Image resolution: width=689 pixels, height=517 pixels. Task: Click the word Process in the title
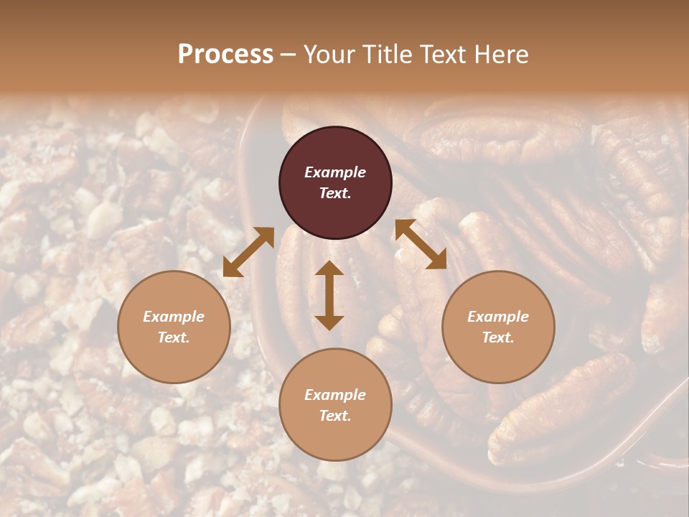(x=225, y=55)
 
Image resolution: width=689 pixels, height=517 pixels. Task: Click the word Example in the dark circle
(x=335, y=172)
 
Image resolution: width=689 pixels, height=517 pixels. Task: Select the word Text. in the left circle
(x=174, y=337)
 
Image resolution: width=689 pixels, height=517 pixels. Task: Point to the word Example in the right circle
(x=498, y=317)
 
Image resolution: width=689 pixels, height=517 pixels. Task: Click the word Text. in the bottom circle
(x=335, y=416)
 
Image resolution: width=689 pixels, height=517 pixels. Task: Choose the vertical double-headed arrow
(x=329, y=295)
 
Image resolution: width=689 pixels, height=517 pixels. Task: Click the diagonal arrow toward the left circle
(x=248, y=252)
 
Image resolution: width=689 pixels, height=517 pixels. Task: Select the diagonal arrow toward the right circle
(x=421, y=244)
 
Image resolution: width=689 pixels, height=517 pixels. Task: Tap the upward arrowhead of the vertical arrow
(x=329, y=268)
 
